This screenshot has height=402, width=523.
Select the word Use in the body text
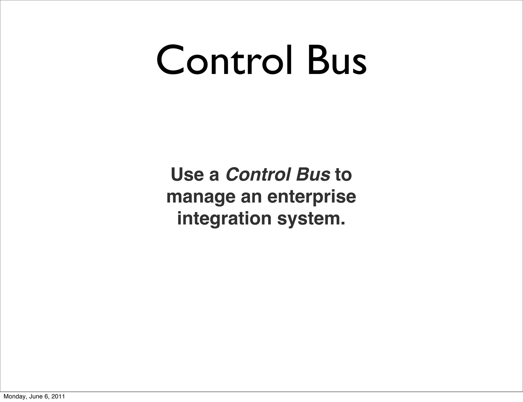click(x=187, y=175)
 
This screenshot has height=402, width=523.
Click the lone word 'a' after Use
click(x=214, y=176)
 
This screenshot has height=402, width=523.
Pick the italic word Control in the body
click(x=258, y=175)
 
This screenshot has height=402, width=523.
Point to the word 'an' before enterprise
click(x=251, y=197)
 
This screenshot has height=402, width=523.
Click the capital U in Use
click(x=177, y=175)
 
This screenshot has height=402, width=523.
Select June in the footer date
click(x=33, y=397)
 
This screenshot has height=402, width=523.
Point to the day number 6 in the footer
click(x=46, y=397)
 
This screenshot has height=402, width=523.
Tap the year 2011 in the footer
click(x=57, y=397)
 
